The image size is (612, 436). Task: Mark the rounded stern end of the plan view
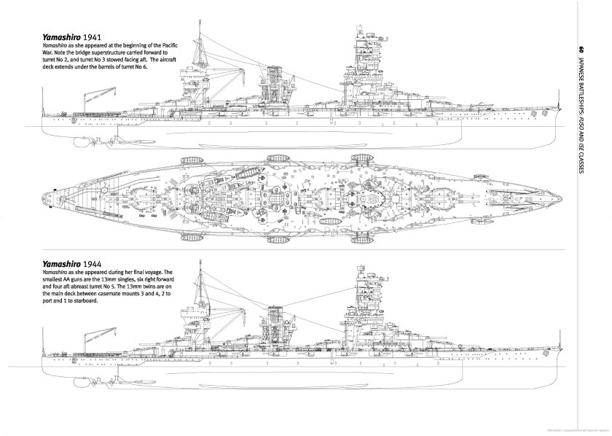43,196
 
